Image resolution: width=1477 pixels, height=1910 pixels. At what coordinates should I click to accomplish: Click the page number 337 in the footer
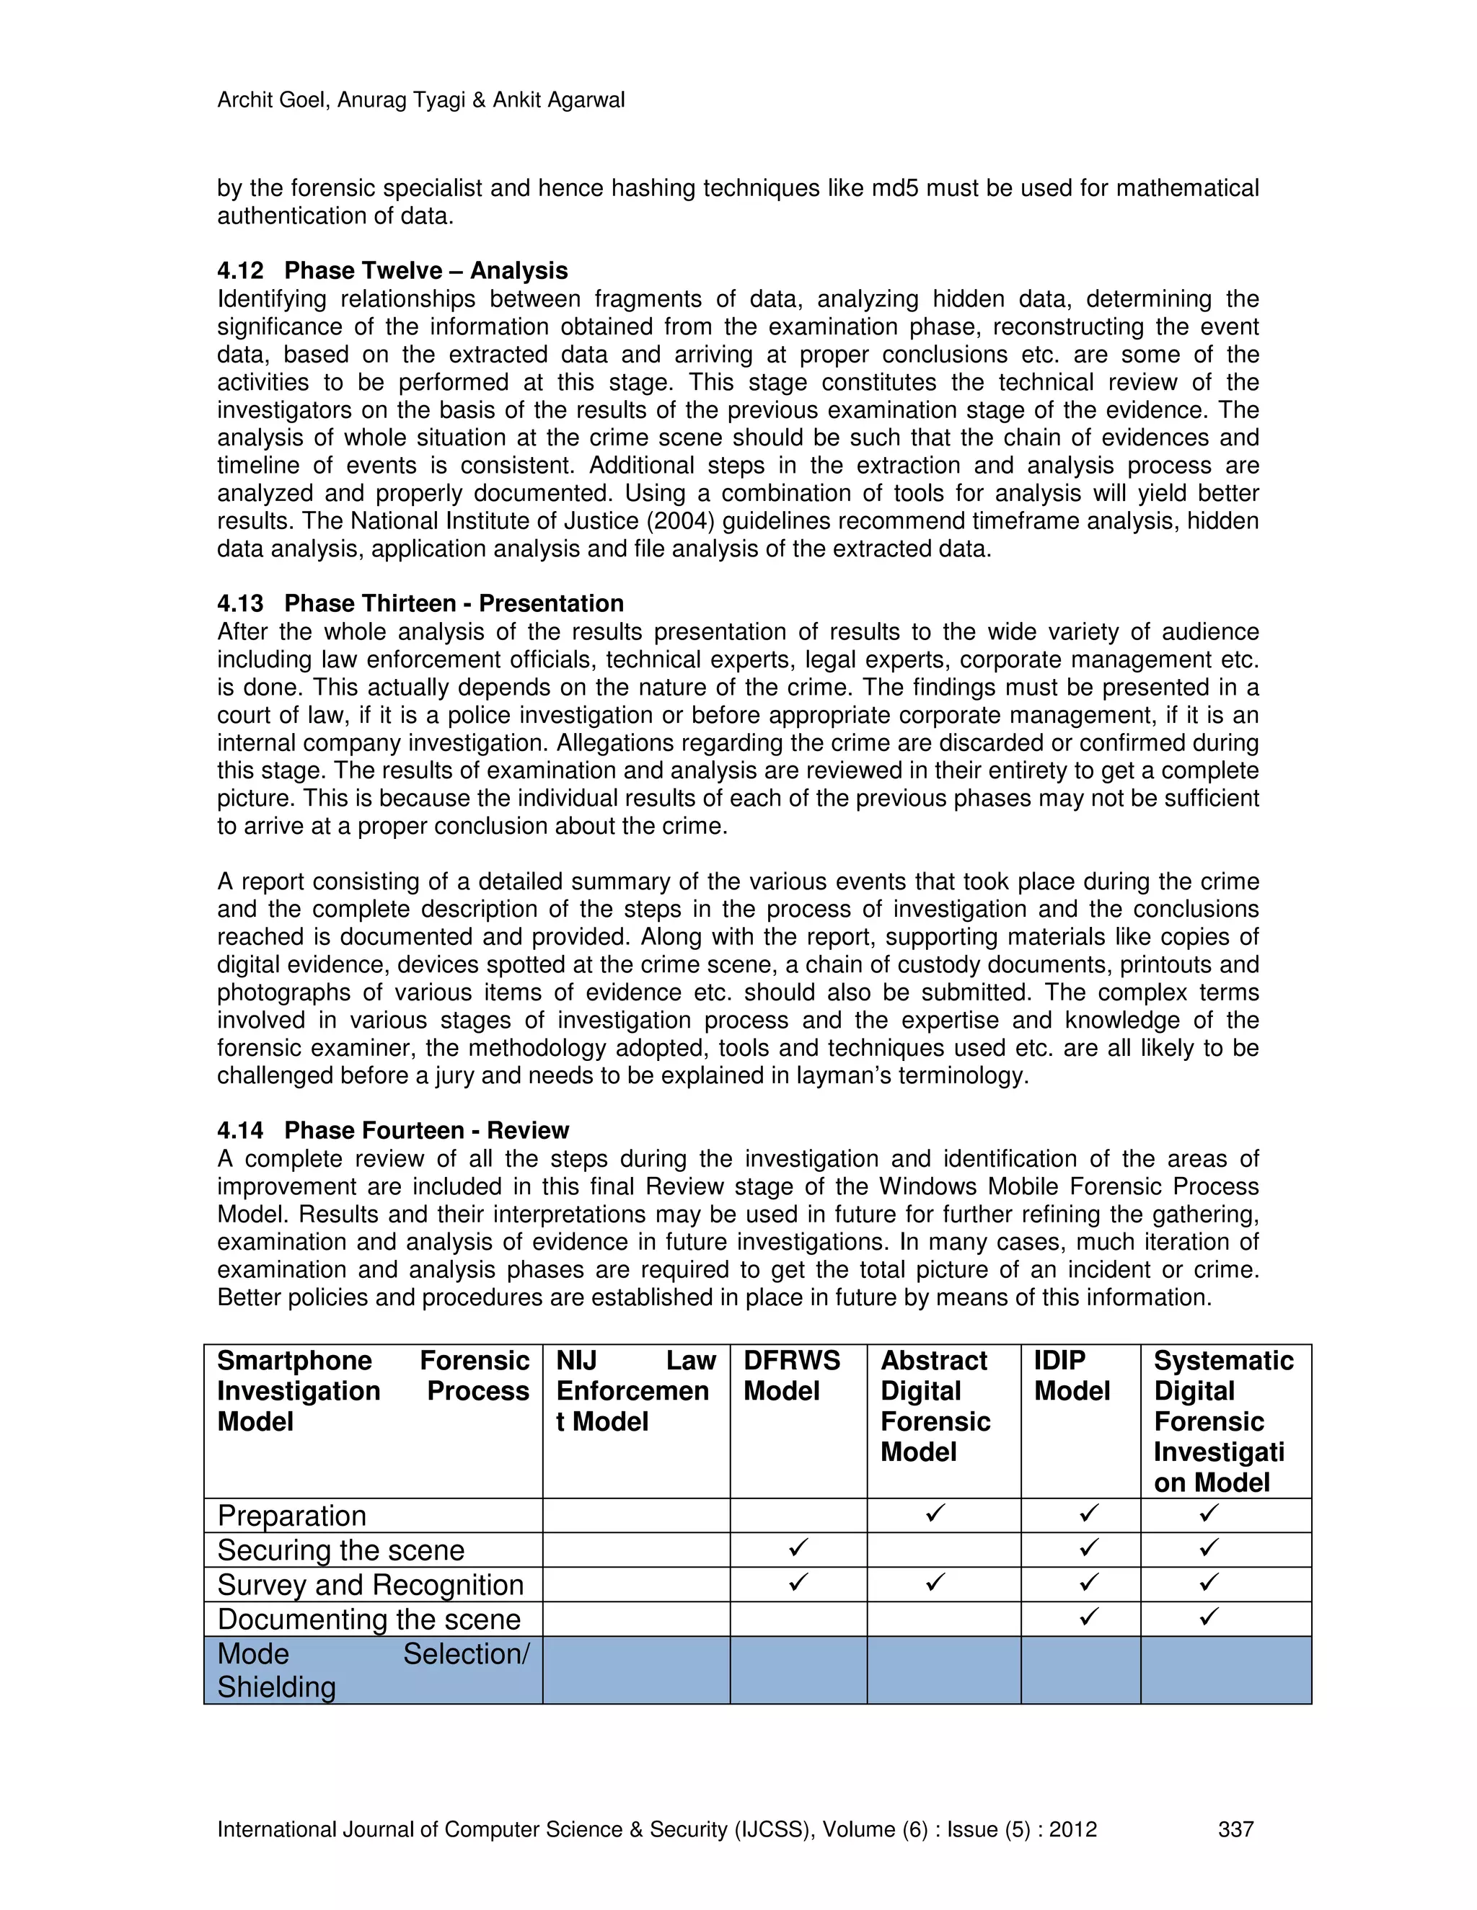[x=1235, y=1829]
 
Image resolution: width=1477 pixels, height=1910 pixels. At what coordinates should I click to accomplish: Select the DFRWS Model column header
[x=791, y=1376]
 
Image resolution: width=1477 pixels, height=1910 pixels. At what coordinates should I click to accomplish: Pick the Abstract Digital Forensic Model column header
[x=935, y=1406]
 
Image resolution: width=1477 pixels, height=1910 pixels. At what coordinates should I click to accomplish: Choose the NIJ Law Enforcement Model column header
[x=635, y=1391]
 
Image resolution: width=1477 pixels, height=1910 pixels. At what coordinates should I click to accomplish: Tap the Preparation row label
[x=291, y=1516]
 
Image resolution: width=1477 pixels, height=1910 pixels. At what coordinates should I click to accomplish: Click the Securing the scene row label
[x=340, y=1550]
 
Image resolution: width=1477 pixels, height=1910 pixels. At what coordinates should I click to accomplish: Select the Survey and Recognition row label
[x=370, y=1585]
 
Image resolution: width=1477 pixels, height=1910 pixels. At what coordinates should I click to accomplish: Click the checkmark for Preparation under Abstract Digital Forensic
[x=935, y=1513]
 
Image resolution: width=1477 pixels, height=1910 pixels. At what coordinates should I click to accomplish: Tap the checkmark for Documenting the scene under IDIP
[x=1088, y=1617]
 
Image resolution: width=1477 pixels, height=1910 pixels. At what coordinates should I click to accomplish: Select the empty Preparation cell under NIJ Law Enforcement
[x=635, y=1516]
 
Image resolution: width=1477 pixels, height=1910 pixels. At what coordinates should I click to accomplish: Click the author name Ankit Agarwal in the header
[x=558, y=101]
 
